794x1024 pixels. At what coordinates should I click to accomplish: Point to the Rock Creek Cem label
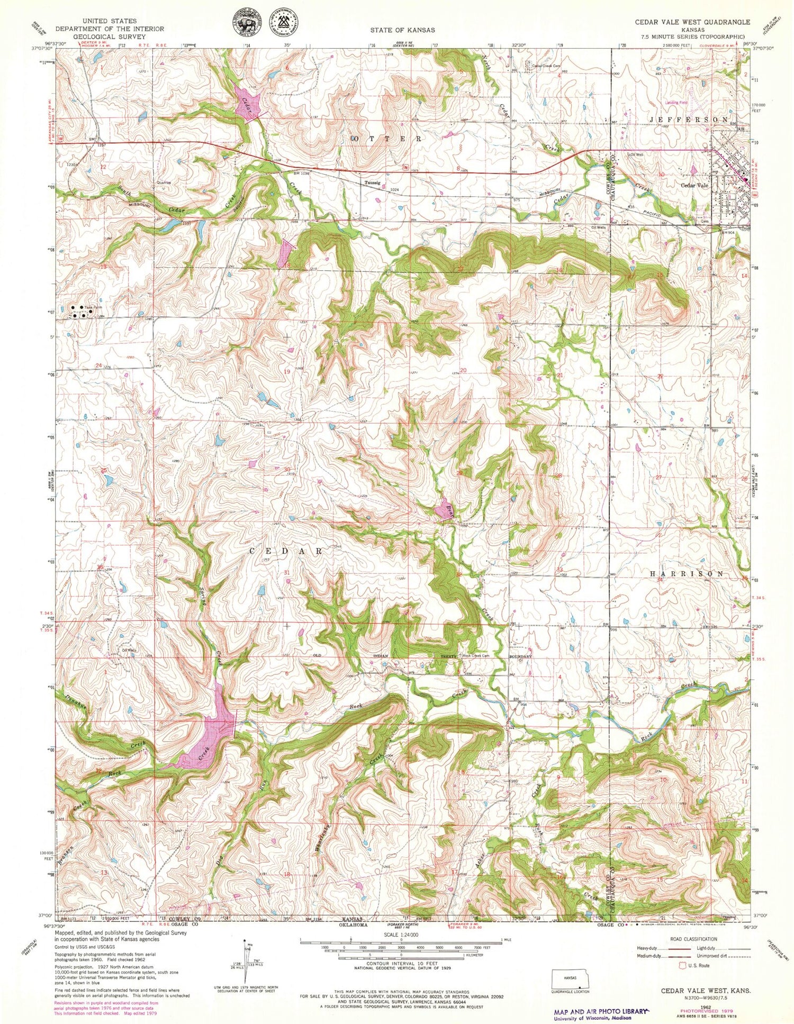pyautogui.click(x=475, y=656)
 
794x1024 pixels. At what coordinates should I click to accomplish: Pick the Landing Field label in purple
pyautogui.click(x=675, y=103)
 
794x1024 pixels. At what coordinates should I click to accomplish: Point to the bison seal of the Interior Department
pyautogui.click(x=245, y=25)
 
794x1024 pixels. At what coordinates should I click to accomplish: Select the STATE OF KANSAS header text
pyautogui.click(x=402, y=30)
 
